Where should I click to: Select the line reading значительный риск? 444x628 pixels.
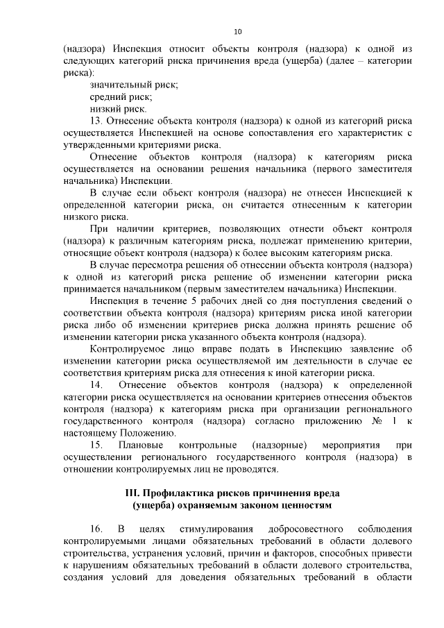point(134,84)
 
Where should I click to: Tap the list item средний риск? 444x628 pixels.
point(121,96)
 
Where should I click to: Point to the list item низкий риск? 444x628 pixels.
point(118,109)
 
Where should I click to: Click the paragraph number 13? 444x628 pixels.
point(96,121)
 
